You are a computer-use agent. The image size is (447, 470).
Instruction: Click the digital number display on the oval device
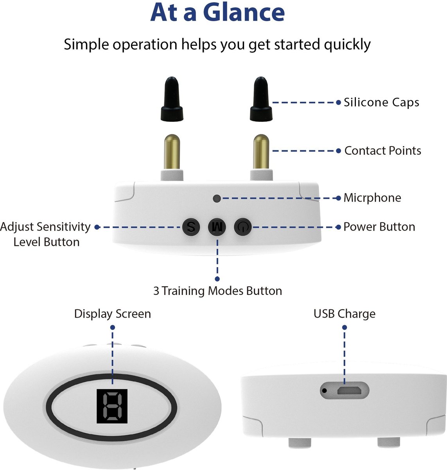tap(112, 406)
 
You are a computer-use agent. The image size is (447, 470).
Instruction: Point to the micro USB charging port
tap(345, 390)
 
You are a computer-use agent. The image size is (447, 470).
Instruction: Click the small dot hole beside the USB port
tap(324, 390)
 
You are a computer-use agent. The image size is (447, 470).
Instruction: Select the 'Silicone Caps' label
tap(381, 103)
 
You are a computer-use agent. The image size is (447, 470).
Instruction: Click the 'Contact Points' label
tap(382, 151)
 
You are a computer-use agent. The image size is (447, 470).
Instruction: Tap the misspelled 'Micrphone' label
tap(372, 198)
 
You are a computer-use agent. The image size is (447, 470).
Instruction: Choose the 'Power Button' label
tap(379, 227)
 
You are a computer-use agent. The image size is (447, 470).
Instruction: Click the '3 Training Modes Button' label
tap(217, 291)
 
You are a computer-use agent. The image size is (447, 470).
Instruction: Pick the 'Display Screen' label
tap(112, 314)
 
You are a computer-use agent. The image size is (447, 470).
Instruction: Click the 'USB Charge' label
tap(344, 314)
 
